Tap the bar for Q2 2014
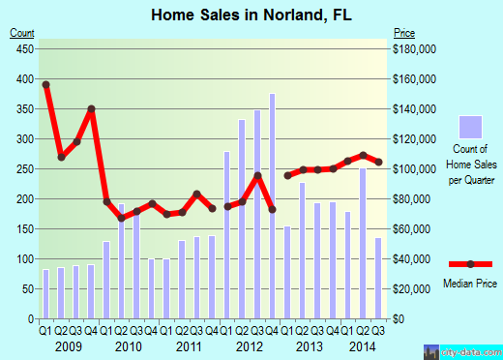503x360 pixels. tap(363, 243)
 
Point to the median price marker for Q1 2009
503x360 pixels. tap(45, 84)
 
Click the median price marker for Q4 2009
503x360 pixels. tap(92, 109)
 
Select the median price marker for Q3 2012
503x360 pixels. tap(257, 175)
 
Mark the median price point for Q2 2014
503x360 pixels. tap(363, 155)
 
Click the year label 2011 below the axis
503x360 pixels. tap(189, 345)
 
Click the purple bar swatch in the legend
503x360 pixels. tap(469, 127)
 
